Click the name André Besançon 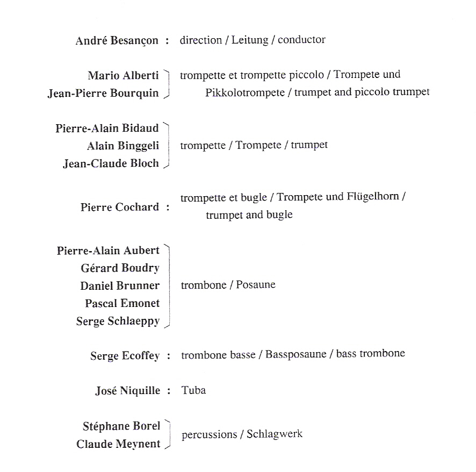pyautogui.click(x=117, y=40)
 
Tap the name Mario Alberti pyautogui.click(x=123, y=75)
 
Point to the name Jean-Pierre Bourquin pyautogui.click(x=103, y=93)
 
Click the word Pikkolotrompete pyautogui.click(x=244, y=92)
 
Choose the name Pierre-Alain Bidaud pyautogui.click(x=107, y=128)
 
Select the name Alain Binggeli pyautogui.click(x=122, y=146)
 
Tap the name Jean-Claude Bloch pyautogui.click(x=111, y=163)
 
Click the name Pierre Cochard pyautogui.click(x=119, y=207)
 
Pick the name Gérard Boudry pyautogui.click(x=120, y=268)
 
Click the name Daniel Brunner pyautogui.click(x=120, y=285)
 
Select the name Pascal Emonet pyautogui.click(x=122, y=303)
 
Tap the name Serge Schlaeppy pyautogui.click(x=118, y=321)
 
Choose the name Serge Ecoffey pyautogui.click(x=125, y=356)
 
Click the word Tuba pyautogui.click(x=194, y=390)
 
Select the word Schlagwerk pyautogui.click(x=275, y=434)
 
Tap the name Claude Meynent pyautogui.click(x=118, y=444)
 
